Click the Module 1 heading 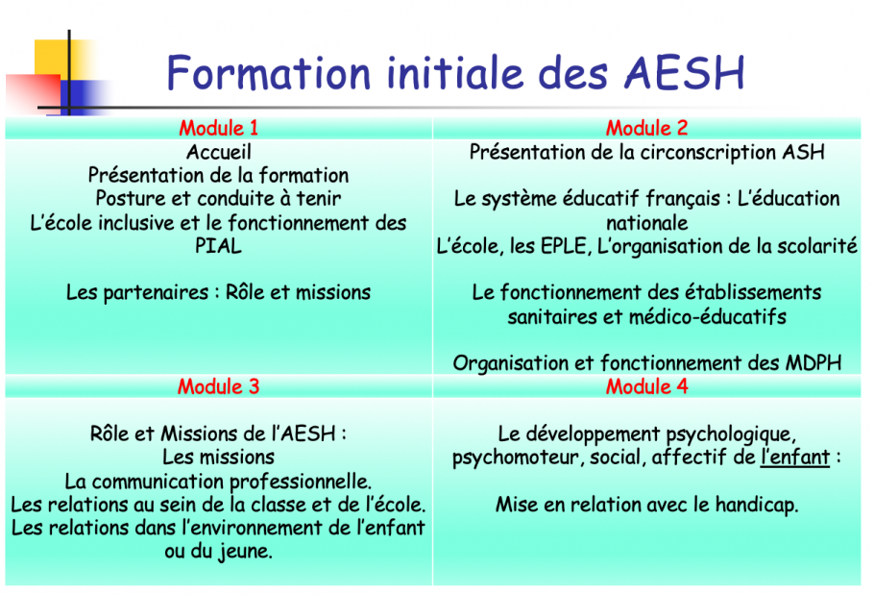pos(219,128)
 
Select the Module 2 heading pos(646,128)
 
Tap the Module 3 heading pos(219,386)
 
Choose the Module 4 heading pos(646,386)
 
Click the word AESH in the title pos(685,73)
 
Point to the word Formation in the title pos(269,73)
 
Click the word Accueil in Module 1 pos(219,152)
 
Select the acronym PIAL pos(219,246)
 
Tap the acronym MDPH pos(813,363)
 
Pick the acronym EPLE pos(565,246)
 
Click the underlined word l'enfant pos(795,458)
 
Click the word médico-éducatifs pos(708,317)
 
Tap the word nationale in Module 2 pos(646,223)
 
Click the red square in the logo pos(33,93)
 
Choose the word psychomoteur pos(517,458)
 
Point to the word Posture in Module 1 pos(131,199)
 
